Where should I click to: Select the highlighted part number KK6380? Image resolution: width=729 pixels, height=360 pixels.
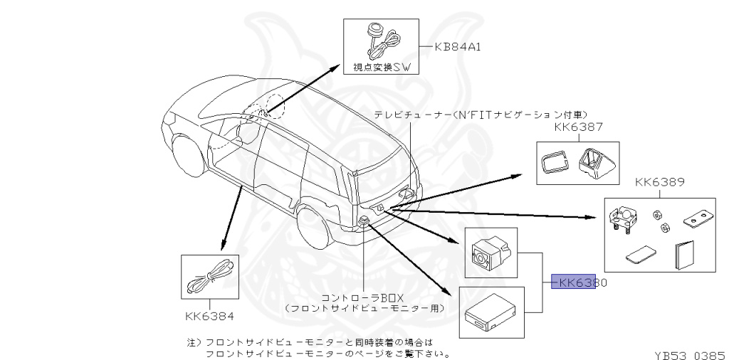(x=578, y=282)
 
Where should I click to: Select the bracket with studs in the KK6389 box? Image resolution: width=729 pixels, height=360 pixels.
(x=624, y=218)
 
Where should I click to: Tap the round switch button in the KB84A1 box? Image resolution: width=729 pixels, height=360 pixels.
(x=374, y=30)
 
